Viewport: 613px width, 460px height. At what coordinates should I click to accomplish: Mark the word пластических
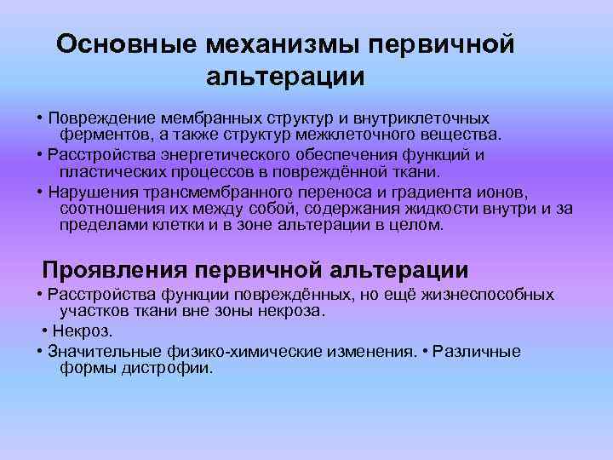tap(109, 171)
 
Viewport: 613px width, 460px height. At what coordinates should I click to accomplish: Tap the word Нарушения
tap(91, 191)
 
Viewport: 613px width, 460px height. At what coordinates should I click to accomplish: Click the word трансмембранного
tap(214, 191)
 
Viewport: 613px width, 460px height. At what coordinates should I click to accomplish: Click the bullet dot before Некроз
tap(44, 331)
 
